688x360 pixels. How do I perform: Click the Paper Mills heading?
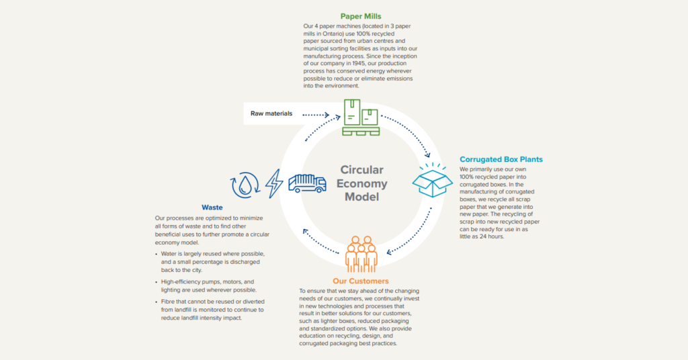(360, 16)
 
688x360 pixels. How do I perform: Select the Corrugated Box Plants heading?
(501, 159)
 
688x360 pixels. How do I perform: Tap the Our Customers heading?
(360, 281)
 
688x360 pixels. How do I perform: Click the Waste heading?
(212, 208)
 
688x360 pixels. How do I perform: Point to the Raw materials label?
(271, 114)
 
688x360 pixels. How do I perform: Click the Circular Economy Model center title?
(363, 183)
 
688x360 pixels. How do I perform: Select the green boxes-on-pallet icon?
(361, 118)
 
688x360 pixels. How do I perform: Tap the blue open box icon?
(431, 180)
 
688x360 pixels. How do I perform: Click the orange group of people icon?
(361, 253)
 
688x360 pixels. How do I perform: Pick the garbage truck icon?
(306, 183)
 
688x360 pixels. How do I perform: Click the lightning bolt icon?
(274, 183)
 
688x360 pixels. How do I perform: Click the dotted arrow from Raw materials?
(320, 115)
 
